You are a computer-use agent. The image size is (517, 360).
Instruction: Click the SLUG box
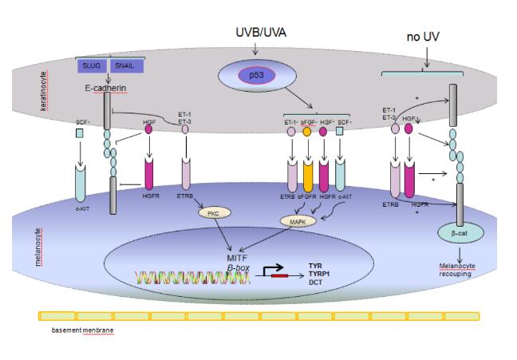coord(93,66)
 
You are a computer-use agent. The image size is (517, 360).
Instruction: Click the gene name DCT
coord(317,282)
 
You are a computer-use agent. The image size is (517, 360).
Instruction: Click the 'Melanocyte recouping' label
coord(458,270)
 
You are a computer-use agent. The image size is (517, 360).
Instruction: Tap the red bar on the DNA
coord(278,276)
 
